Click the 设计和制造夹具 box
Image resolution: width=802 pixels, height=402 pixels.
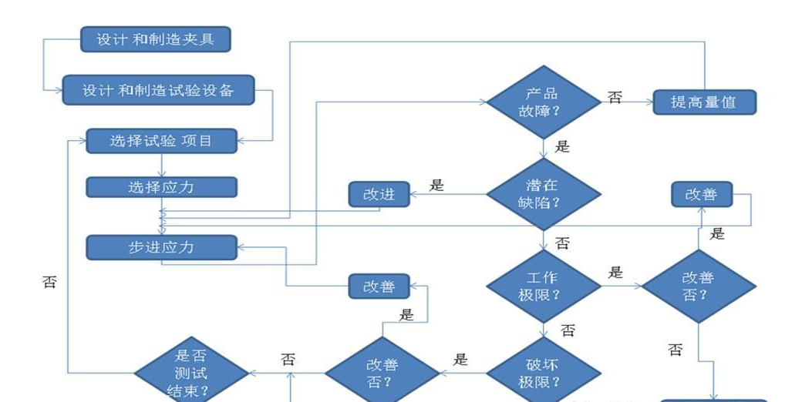pyautogui.click(x=155, y=39)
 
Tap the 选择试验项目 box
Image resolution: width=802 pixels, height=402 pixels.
pyautogui.click(x=160, y=141)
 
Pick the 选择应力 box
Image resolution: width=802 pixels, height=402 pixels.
pyautogui.click(x=160, y=187)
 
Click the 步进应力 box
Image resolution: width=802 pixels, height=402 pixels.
pyautogui.click(x=160, y=247)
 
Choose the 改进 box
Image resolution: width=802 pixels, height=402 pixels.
pyautogui.click(x=379, y=194)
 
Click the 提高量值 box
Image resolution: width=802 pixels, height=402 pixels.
pyautogui.click(x=704, y=102)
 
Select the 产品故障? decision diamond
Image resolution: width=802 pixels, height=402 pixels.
pyautogui.click(x=543, y=102)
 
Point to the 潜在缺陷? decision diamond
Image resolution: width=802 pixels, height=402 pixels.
pyautogui.click(x=543, y=194)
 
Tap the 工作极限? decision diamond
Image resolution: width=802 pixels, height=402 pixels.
pyautogui.click(x=543, y=286)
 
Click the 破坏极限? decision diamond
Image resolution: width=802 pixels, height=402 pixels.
pyautogui.click(x=543, y=374)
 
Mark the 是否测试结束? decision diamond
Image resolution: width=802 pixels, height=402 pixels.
pyautogui.click(x=191, y=374)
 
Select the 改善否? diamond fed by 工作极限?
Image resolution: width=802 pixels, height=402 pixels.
pyautogui.click(x=699, y=286)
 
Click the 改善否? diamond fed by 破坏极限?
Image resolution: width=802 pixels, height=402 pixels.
pyautogui.click(x=382, y=374)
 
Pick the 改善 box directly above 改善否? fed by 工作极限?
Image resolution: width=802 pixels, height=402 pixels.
pyautogui.click(x=701, y=194)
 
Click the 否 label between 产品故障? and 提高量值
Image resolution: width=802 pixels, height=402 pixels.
pyautogui.click(x=615, y=98)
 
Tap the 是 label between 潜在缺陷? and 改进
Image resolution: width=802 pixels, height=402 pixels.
pyautogui.click(x=436, y=185)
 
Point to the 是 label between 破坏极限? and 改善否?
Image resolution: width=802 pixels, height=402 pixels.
pyautogui.click(x=461, y=359)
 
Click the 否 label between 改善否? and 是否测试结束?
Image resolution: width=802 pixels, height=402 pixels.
pyautogui.click(x=288, y=359)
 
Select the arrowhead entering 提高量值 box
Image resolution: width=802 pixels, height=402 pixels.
pyautogui.click(x=649, y=102)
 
